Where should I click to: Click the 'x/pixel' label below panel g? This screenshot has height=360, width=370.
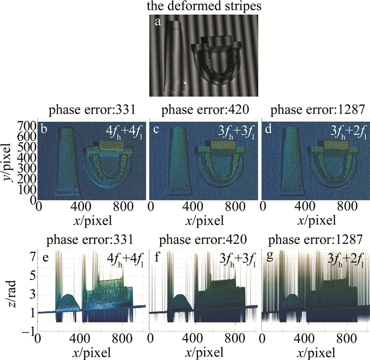pyautogui.click(x=316, y=352)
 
